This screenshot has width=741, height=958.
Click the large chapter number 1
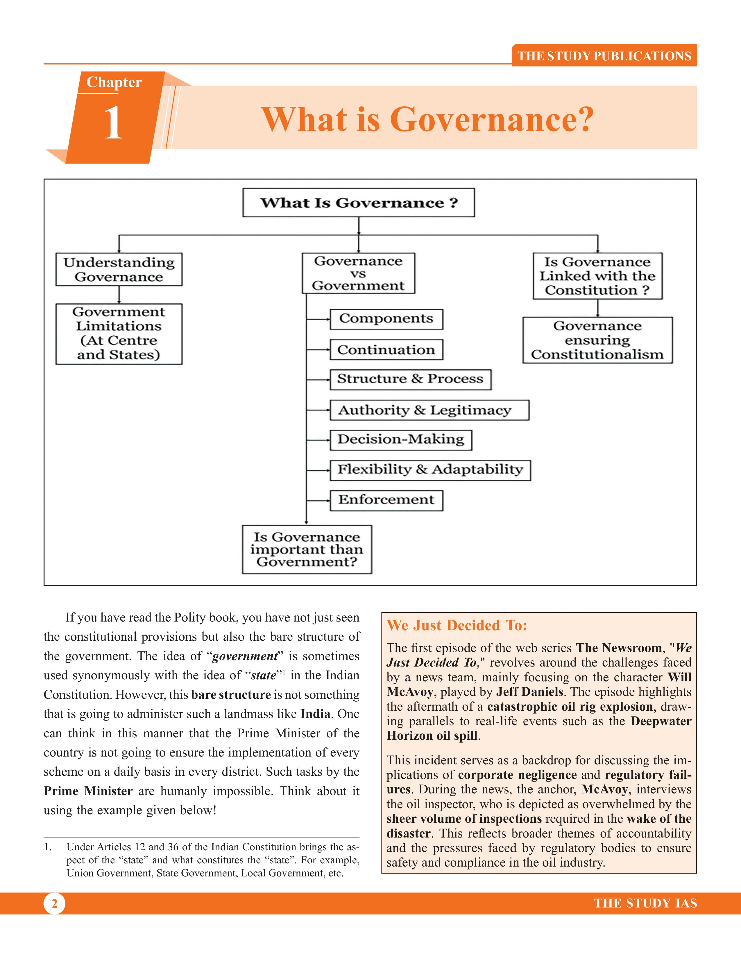tap(113, 123)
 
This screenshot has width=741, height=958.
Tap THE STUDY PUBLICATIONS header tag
tap(604, 56)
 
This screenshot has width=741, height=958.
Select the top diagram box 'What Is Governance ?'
tap(358, 203)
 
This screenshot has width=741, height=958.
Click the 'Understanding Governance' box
tap(119, 269)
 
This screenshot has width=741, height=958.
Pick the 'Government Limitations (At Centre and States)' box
tap(119, 334)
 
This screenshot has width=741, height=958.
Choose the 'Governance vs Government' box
tap(358, 273)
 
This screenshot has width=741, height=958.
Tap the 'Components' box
tap(386, 319)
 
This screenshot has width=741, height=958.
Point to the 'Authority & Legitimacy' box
tap(429, 410)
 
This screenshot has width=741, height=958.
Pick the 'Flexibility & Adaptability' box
tap(430, 470)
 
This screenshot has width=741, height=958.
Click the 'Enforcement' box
tap(386, 500)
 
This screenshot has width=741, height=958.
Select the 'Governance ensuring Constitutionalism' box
tap(597, 340)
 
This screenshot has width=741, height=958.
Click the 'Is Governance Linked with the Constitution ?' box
tap(597, 276)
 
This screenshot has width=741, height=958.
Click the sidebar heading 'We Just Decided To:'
tap(457, 625)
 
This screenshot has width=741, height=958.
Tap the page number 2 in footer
tap(54, 904)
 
